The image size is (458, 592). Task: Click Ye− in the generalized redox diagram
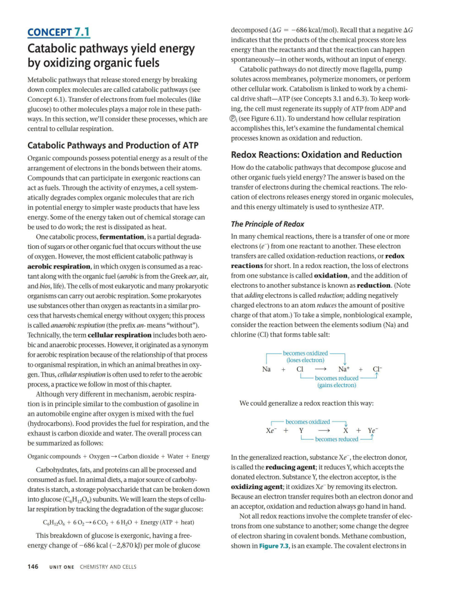click(375, 431)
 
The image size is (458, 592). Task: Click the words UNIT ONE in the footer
click(62, 566)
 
